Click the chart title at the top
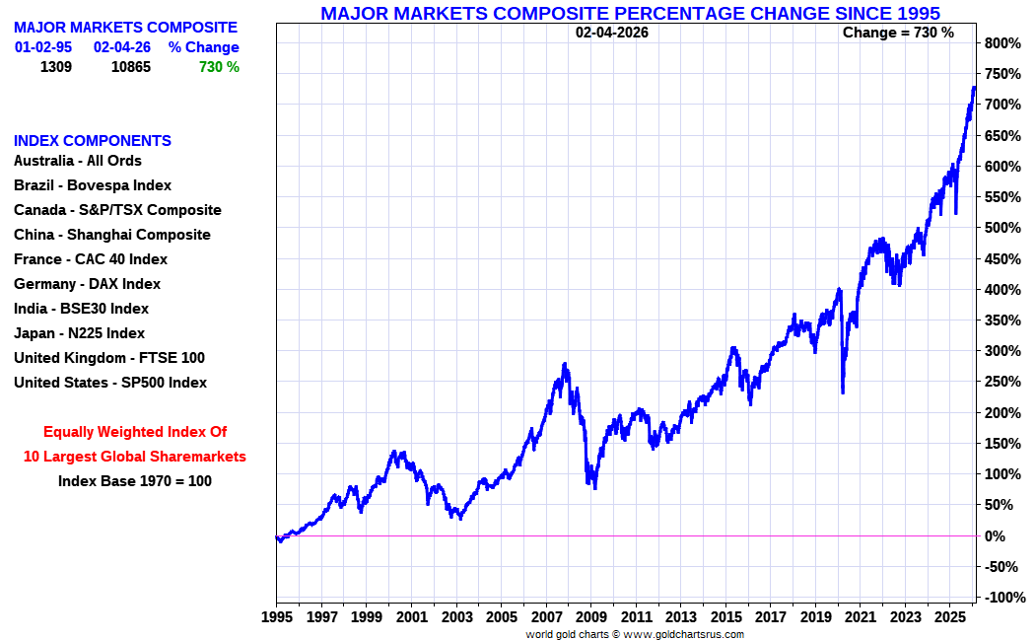point(630,13)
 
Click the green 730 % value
point(218,67)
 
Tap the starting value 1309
point(56,67)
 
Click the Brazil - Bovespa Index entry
point(93,185)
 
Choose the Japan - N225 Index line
point(79,333)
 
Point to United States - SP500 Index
point(110,383)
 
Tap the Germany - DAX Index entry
point(87,284)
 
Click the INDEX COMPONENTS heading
point(93,141)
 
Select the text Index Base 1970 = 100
point(134,481)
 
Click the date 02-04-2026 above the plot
point(612,33)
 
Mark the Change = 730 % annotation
point(898,33)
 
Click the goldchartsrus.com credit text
point(635,634)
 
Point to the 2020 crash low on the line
point(842,393)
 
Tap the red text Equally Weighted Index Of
point(135,432)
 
